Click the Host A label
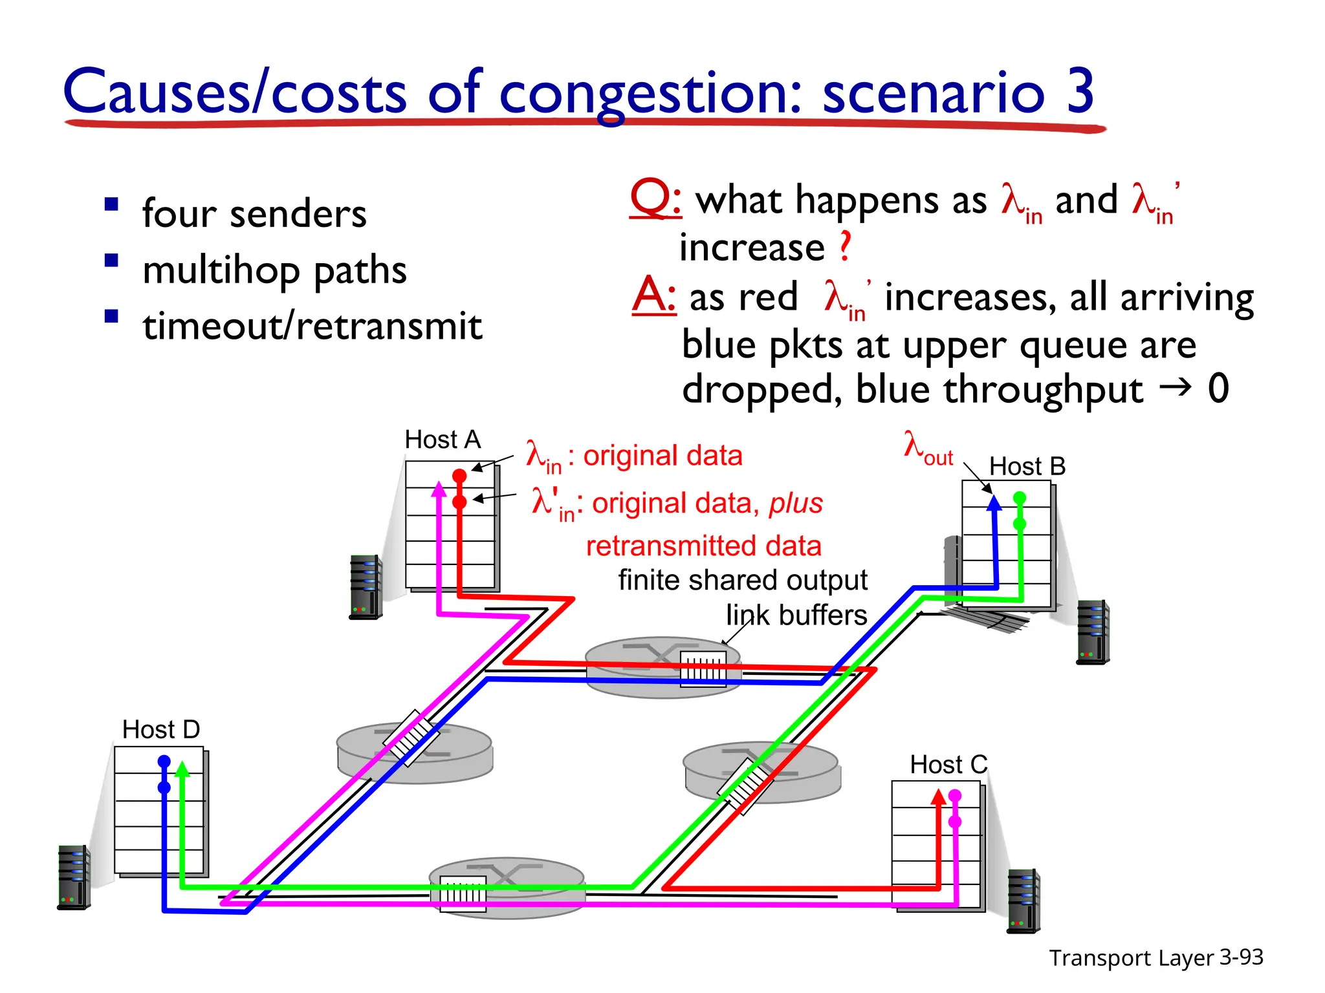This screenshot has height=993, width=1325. click(x=443, y=440)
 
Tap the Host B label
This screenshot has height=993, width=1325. click(x=1027, y=466)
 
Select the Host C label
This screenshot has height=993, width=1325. click(x=948, y=765)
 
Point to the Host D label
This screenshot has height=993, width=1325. click(x=161, y=729)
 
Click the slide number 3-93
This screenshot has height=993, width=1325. click(x=1241, y=957)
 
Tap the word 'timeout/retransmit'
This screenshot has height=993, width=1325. click(x=312, y=326)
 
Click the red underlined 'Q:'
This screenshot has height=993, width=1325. click(x=655, y=198)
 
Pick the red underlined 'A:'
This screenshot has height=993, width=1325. click(x=653, y=296)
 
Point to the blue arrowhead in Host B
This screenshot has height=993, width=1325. click(x=994, y=502)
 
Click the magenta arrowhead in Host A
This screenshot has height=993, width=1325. click(x=439, y=489)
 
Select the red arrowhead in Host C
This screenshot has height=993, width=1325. click(x=938, y=796)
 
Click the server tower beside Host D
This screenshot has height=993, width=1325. click(x=73, y=877)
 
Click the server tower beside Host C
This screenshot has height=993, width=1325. click(x=1024, y=901)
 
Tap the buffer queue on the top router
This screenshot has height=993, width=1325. click(x=703, y=668)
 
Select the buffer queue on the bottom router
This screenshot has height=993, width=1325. click(x=463, y=894)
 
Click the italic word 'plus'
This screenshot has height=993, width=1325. click(x=796, y=503)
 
